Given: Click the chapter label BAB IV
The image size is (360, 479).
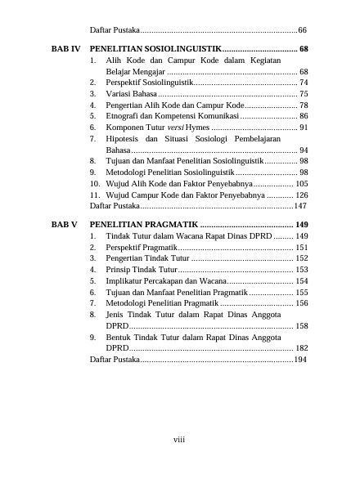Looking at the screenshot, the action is click(x=65, y=50).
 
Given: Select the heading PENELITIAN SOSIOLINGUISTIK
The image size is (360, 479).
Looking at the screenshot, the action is click(x=156, y=50).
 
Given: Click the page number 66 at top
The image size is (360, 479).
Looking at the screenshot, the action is click(x=302, y=29).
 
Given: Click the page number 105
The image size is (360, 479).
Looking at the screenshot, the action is click(x=300, y=185).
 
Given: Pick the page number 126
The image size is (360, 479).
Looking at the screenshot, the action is click(x=300, y=196).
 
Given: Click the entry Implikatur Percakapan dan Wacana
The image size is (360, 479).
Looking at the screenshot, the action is click(x=164, y=280).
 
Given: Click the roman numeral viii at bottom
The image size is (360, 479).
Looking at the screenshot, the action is click(x=179, y=440).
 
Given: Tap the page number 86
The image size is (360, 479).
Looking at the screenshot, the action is click(x=303, y=117).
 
